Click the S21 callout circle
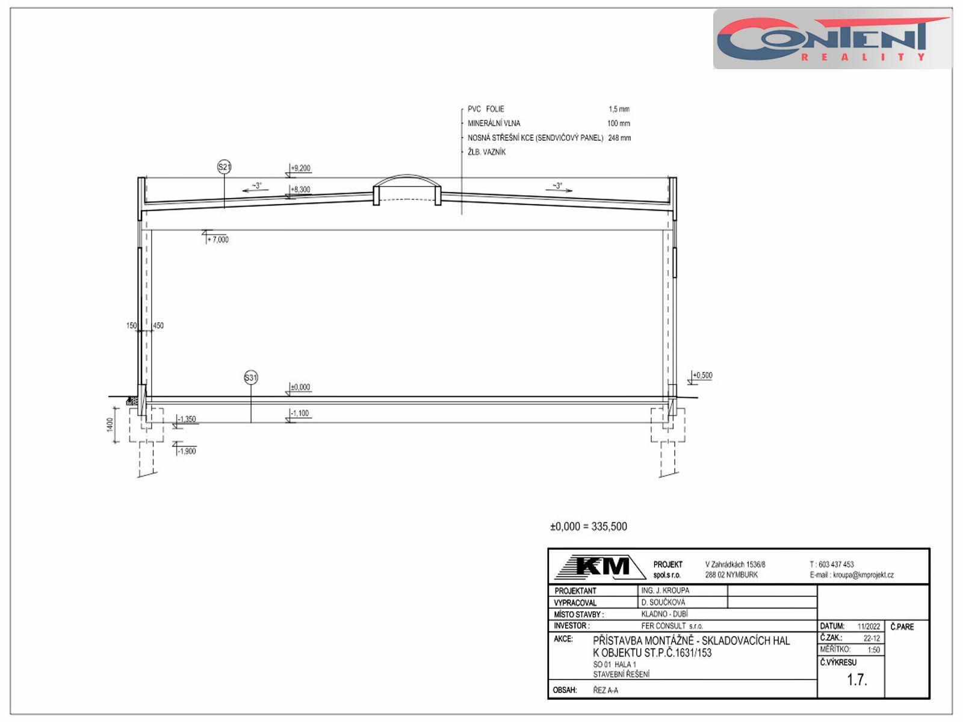coord(224,167)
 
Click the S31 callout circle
coord(251,378)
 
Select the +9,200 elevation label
coord(301,168)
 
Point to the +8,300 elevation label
coord(301,190)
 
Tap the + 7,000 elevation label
coord(218,240)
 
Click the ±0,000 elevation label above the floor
coord(300,387)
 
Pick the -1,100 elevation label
coord(300,413)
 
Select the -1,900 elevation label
coord(187,451)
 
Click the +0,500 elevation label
coord(702,375)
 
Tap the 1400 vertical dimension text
coord(110,425)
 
